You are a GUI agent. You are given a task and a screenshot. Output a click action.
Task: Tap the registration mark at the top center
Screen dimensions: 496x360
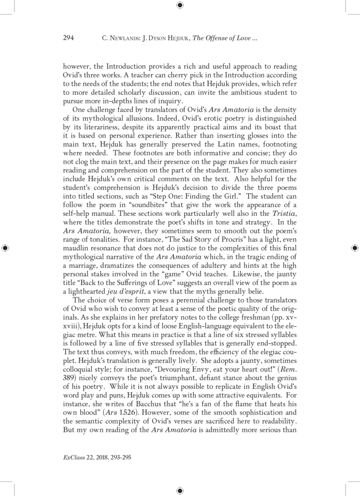pos(180,5)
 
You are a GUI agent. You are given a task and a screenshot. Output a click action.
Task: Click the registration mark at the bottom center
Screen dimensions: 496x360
pos(180,490)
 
